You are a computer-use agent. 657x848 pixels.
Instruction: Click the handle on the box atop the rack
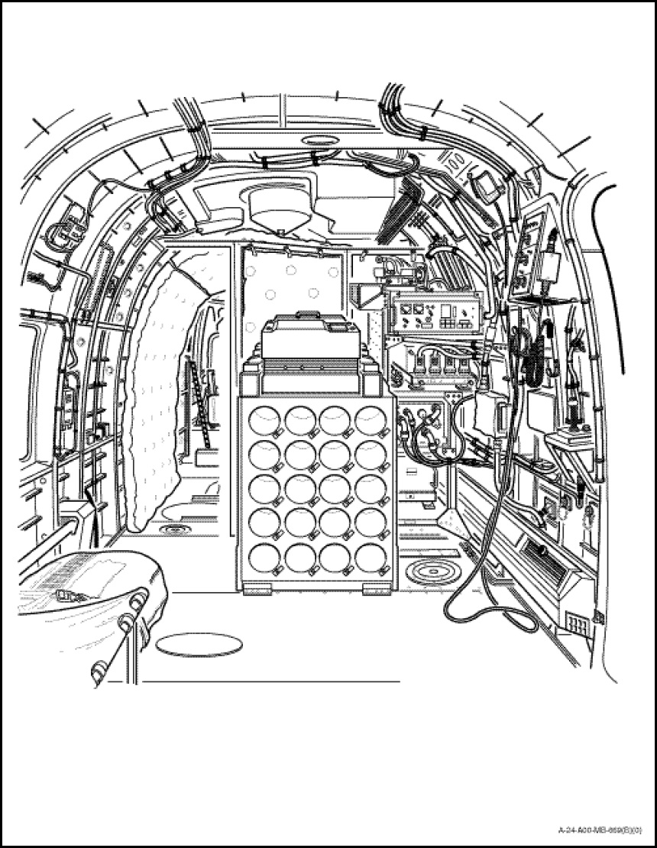click(308, 313)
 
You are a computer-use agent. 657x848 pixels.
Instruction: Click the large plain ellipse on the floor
click(199, 645)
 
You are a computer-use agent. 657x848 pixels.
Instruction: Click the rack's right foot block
click(377, 589)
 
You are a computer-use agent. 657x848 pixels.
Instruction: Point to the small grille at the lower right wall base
click(578, 626)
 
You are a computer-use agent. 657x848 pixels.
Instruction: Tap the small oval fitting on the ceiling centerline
click(315, 140)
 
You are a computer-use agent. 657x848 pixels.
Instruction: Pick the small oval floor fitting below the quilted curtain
click(175, 529)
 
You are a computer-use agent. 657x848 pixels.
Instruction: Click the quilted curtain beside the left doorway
click(157, 397)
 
